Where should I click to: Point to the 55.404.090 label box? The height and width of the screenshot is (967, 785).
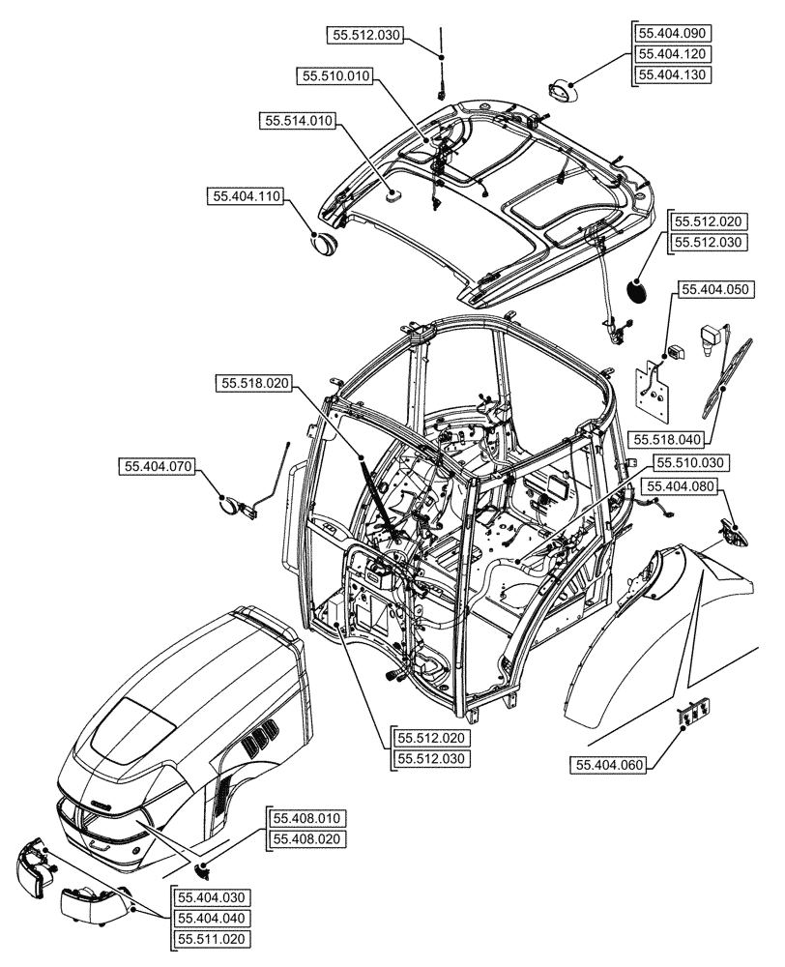pyautogui.click(x=671, y=33)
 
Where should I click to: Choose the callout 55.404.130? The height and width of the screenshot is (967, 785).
pyautogui.click(x=671, y=75)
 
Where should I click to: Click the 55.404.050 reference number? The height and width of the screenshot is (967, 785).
pyautogui.click(x=714, y=289)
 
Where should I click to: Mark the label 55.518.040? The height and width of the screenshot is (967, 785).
pyautogui.click(x=668, y=440)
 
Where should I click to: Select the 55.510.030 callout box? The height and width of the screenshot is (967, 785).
pyautogui.click(x=688, y=462)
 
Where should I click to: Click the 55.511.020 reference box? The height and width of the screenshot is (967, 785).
pyautogui.click(x=210, y=939)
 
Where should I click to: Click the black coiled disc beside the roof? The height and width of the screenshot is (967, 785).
pyautogui.click(x=638, y=289)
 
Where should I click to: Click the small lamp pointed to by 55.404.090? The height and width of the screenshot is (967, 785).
pyautogui.click(x=563, y=92)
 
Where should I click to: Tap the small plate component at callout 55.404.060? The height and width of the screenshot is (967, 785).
pyautogui.click(x=688, y=716)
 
